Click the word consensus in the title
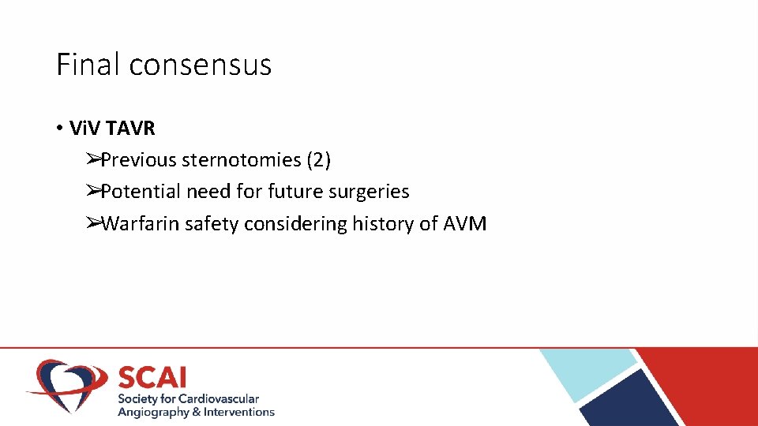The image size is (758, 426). click(x=200, y=65)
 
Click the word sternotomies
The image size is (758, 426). click(x=241, y=160)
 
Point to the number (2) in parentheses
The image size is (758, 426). click(x=318, y=160)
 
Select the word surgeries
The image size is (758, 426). click(x=370, y=192)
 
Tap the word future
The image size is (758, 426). click(x=298, y=192)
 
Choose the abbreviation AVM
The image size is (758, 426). click(x=465, y=224)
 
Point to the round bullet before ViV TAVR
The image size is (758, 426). click(x=60, y=129)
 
